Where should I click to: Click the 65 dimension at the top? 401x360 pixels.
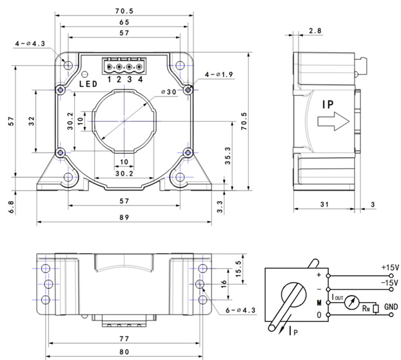(x=124, y=21)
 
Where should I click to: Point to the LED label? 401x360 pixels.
(x=88, y=84)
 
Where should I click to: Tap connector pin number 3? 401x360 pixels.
(x=130, y=80)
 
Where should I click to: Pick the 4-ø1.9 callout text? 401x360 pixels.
(x=218, y=75)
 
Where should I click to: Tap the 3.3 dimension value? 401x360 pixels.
(x=219, y=205)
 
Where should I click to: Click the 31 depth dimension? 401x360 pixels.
(x=324, y=204)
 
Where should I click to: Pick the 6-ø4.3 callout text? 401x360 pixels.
(x=240, y=310)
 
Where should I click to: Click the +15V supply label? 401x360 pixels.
(x=390, y=267)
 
